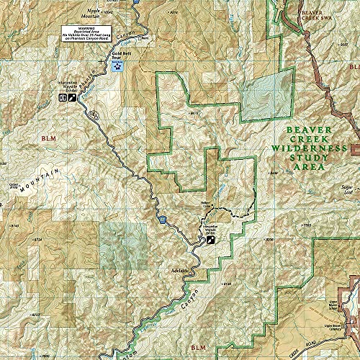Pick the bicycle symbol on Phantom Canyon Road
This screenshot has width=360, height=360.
click(93, 114)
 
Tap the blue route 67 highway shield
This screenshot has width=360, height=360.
click(164, 219)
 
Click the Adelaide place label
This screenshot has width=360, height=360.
click(179, 270)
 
